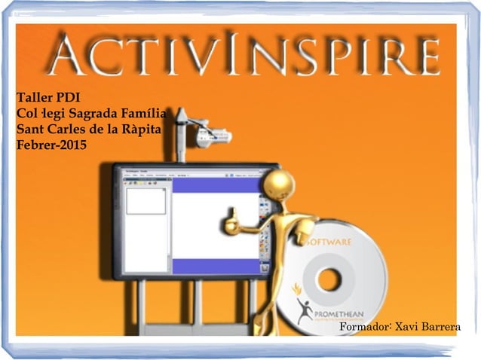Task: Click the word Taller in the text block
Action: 33,99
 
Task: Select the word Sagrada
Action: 93,114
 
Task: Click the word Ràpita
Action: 143,129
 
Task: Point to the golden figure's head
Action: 280,185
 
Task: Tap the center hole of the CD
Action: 329,279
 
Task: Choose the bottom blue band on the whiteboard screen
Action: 216,267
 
